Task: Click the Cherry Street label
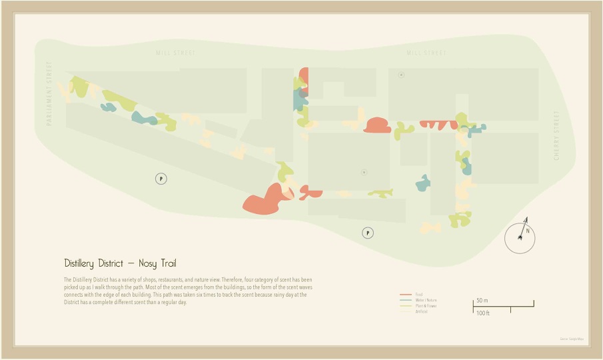pos(557,136)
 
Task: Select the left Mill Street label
pos(176,53)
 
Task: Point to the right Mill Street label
pos(426,53)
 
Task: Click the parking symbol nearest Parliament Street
pos(161,178)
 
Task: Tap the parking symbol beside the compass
pos(367,233)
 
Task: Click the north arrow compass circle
pos(520,238)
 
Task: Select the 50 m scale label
pos(482,301)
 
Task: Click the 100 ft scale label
pos(483,313)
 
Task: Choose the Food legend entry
pos(419,294)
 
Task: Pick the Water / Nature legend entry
pos(426,300)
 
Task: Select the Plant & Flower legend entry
pos(426,306)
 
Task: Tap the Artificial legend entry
pos(422,311)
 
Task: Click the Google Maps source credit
pos(572,339)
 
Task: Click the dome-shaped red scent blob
pos(377,125)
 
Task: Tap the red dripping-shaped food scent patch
pos(438,124)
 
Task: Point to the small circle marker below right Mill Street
pos(401,75)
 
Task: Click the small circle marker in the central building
pos(364,172)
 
